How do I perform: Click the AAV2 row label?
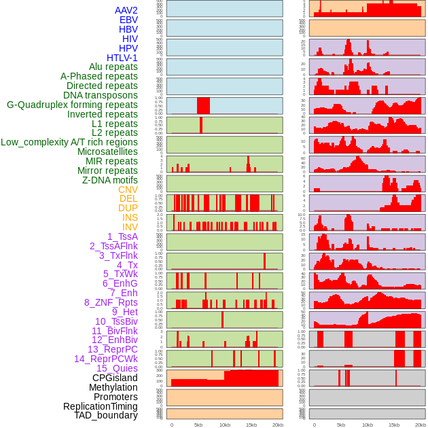click(x=126, y=10)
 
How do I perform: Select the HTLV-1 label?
click(x=122, y=58)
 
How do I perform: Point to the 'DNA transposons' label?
click(x=101, y=95)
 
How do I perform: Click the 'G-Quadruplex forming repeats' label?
click(x=72, y=105)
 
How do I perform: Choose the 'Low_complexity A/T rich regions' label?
click(x=69, y=142)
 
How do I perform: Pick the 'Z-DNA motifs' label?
click(x=110, y=180)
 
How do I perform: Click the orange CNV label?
click(x=128, y=190)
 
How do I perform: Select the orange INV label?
click(x=130, y=227)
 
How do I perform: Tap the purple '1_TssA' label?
click(x=122, y=236)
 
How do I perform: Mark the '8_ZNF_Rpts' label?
click(x=111, y=302)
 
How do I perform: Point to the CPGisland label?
click(x=115, y=378)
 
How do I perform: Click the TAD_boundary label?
click(x=105, y=415)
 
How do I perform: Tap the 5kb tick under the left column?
click(x=198, y=425)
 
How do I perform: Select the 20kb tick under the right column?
click(x=421, y=425)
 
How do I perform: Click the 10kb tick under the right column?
click(x=368, y=425)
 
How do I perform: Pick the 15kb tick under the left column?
click(x=251, y=425)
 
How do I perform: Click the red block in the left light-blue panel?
click(x=203, y=106)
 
